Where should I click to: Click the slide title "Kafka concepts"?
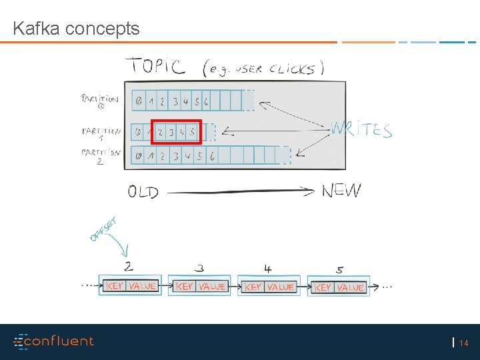(76, 29)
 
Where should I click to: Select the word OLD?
(143, 193)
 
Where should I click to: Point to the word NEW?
(341, 191)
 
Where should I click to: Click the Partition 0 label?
(99, 101)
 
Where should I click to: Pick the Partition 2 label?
(101, 157)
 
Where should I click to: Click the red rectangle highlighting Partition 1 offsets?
(176, 132)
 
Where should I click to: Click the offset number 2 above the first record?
(128, 267)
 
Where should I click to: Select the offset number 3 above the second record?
(200, 269)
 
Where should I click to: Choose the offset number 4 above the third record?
(267, 269)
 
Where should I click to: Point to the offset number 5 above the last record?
(340, 270)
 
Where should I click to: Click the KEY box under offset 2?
(115, 286)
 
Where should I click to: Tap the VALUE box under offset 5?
(350, 287)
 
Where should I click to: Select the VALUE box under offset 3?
(211, 286)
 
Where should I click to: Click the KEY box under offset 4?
(253, 287)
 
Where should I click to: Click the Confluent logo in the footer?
(54, 341)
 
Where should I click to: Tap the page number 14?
(464, 343)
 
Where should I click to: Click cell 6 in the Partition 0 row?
(206, 102)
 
